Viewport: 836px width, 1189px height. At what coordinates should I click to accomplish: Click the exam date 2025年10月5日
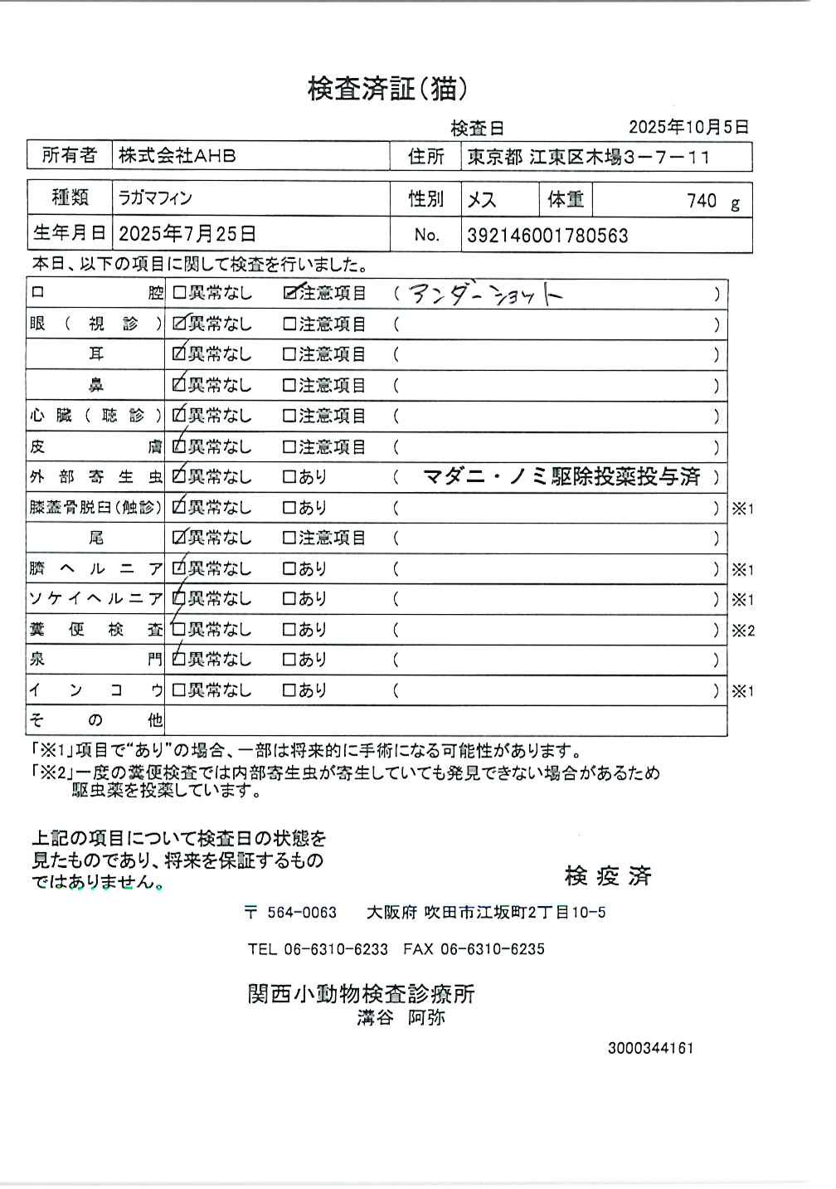pyautogui.click(x=688, y=127)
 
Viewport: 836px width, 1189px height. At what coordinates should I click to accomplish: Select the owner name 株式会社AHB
pyautogui.click(x=177, y=155)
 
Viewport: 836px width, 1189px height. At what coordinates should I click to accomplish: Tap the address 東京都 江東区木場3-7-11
pyautogui.click(x=589, y=157)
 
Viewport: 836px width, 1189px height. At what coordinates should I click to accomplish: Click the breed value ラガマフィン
pyautogui.click(x=156, y=199)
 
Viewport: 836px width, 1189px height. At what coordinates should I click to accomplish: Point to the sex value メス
pyautogui.click(x=482, y=200)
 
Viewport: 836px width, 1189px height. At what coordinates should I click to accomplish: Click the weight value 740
pyautogui.click(x=702, y=201)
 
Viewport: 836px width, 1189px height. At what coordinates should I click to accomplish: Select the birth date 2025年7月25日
pyautogui.click(x=187, y=234)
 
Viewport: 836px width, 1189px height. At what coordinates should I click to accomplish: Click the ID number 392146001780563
pyautogui.click(x=547, y=236)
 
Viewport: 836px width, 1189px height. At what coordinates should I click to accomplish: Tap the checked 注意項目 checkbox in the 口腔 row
pyautogui.click(x=290, y=293)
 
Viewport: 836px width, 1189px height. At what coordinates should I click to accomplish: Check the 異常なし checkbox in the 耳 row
pyautogui.click(x=179, y=354)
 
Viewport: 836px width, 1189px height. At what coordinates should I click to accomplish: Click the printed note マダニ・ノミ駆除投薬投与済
pyautogui.click(x=561, y=477)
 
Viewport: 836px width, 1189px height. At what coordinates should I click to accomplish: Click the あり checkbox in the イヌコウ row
pyautogui.click(x=289, y=690)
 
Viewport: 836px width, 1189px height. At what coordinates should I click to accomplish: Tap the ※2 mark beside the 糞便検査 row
pyautogui.click(x=742, y=631)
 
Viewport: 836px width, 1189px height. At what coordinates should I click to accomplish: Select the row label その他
pyautogui.click(x=95, y=720)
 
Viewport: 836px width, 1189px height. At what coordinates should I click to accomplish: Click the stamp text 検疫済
pyautogui.click(x=608, y=875)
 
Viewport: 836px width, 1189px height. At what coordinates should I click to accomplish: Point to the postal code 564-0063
pyautogui.click(x=301, y=913)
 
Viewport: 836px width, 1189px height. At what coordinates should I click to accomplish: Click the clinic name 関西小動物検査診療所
pyautogui.click(x=361, y=993)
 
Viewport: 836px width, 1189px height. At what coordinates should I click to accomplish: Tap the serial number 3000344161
pyautogui.click(x=650, y=1048)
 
